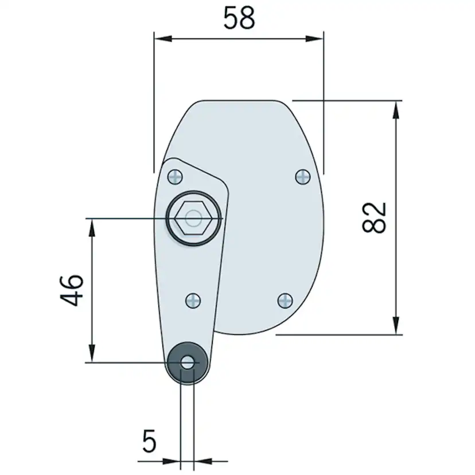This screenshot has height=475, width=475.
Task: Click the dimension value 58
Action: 239,18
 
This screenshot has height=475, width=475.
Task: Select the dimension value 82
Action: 376,217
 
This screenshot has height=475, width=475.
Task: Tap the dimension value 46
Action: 73,290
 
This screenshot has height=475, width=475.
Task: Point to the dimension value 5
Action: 149,442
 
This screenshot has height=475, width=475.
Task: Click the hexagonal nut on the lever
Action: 193,218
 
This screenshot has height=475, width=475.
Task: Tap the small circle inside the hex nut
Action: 194,218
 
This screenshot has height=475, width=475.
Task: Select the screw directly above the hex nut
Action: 175,177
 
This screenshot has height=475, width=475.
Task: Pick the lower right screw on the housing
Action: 285,300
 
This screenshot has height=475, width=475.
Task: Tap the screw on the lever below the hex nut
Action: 194,300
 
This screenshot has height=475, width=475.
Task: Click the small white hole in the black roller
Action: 187,363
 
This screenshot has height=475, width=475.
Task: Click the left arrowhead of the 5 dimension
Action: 173,461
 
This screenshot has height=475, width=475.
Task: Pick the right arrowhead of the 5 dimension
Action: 203,461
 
